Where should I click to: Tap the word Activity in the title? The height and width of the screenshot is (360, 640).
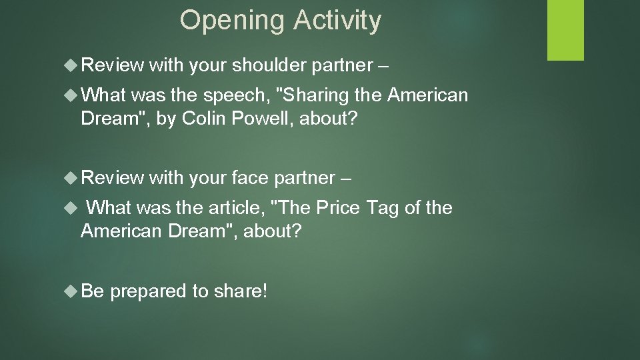pos(336,21)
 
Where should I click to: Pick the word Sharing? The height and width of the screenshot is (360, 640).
pos(316,96)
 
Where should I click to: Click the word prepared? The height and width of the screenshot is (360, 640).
pos(153,291)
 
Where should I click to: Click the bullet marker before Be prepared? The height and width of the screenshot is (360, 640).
pos(73,290)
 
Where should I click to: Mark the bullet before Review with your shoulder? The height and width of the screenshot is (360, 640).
pos(73,65)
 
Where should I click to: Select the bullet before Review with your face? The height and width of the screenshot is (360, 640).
pos(73,177)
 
